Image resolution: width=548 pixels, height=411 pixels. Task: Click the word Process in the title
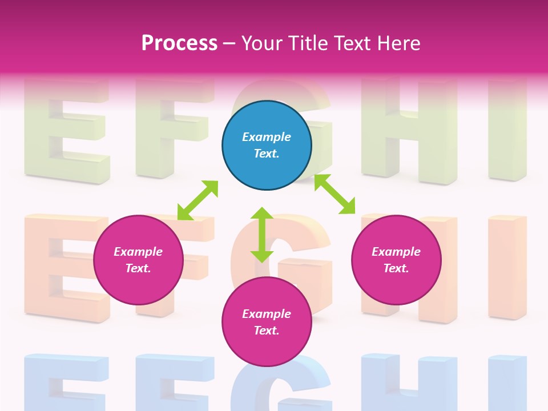(179, 43)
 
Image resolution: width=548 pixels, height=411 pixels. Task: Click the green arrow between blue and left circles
(198, 200)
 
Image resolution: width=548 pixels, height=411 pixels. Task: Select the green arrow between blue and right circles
(335, 194)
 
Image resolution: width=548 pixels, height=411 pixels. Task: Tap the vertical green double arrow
(262, 235)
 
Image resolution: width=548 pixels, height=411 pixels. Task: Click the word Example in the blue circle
(267, 137)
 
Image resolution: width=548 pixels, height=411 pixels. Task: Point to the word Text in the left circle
(138, 268)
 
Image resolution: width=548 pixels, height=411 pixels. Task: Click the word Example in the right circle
(396, 252)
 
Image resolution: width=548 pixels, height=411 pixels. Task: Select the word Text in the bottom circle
(267, 331)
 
